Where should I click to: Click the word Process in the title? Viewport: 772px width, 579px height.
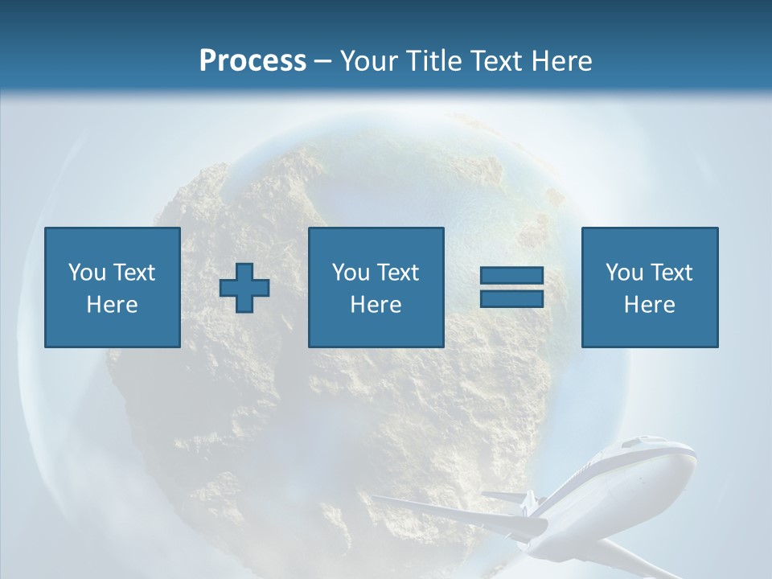coord(253,60)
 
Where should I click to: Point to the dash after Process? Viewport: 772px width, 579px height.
coord(323,61)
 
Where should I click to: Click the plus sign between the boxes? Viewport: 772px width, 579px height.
coord(244,288)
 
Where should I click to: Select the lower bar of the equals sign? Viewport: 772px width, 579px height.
coord(511,298)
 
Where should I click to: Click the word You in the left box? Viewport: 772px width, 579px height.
coord(86,272)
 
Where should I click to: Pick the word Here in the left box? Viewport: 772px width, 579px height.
coord(112,305)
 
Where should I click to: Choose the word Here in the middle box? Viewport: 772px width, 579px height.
coord(376,305)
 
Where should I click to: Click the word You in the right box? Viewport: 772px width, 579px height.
coord(623,272)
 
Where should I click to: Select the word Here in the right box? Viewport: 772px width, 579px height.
coord(649,305)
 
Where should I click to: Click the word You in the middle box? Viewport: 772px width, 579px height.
coord(350,272)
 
